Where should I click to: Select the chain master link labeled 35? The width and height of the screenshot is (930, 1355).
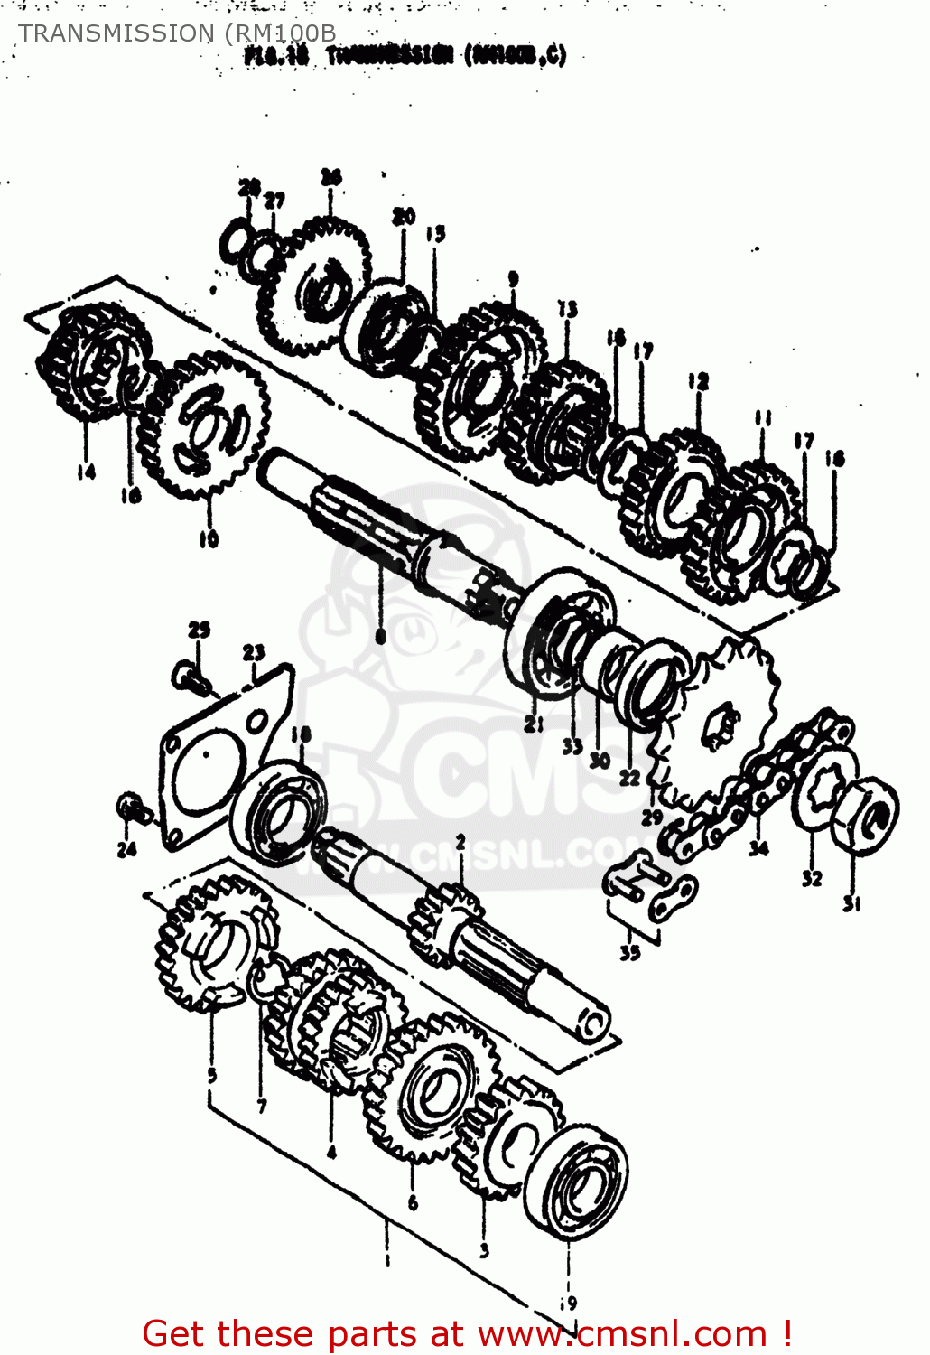click(x=648, y=890)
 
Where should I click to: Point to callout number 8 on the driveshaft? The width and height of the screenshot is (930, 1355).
click(x=380, y=636)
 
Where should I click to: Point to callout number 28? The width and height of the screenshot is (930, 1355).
click(x=249, y=186)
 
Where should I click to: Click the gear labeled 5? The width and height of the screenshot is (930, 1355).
click(x=215, y=944)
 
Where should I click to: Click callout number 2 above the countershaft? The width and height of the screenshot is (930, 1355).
click(x=460, y=842)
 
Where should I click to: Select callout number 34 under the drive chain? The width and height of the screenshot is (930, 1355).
click(x=758, y=847)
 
